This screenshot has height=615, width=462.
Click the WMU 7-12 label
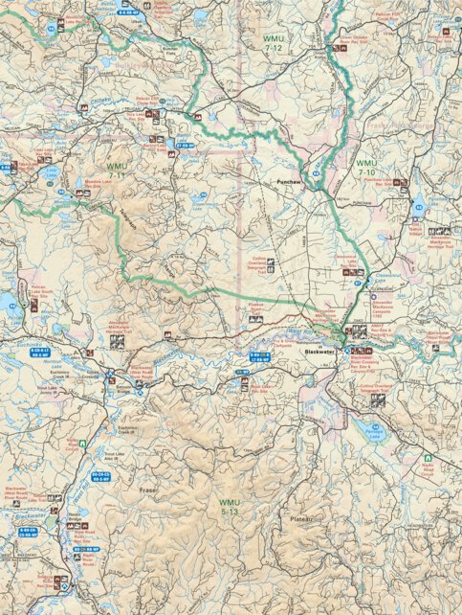(278, 40)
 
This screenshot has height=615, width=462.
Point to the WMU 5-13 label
(229, 508)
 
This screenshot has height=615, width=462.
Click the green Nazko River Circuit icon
(83, 444)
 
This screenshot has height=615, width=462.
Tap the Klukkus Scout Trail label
(253, 303)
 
